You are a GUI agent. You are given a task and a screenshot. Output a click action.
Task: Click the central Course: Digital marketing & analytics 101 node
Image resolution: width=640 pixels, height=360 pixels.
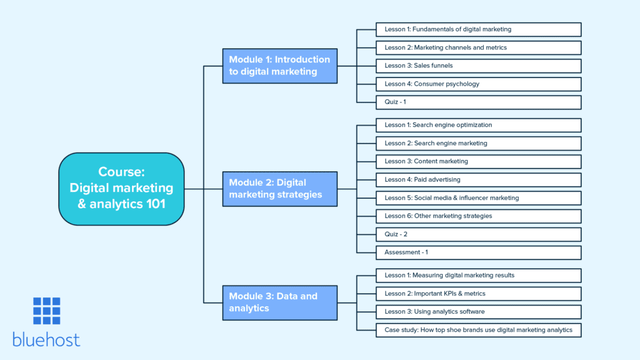[x=121, y=188]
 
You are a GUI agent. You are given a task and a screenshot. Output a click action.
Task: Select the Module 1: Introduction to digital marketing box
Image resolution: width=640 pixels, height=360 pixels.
[x=280, y=66]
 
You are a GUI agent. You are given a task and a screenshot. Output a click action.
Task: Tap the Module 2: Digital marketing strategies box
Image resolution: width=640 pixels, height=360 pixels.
[x=280, y=188]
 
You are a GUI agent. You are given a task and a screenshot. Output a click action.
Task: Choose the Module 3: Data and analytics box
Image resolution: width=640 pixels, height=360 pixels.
[x=280, y=302]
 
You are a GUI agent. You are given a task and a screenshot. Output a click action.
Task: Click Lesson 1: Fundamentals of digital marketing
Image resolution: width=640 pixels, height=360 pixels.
[x=478, y=29]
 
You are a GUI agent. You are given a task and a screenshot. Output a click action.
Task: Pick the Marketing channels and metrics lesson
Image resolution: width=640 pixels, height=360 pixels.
[x=478, y=47]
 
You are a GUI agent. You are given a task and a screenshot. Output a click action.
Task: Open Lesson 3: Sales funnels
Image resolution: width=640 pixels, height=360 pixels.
[x=478, y=66]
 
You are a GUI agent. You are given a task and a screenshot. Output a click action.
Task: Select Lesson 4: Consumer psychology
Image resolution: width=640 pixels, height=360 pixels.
[x=478, y=84]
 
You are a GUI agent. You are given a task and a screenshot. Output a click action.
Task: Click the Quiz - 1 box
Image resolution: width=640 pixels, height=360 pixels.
[x=478, y=102]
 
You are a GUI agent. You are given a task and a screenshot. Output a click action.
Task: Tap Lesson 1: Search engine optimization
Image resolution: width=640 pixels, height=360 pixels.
[x=478, y=125]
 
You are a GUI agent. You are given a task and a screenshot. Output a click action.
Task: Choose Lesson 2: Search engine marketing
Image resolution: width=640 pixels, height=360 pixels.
[x=478, y=143]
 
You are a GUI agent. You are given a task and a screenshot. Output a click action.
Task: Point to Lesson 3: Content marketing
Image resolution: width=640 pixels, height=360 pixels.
[x=478, y=161]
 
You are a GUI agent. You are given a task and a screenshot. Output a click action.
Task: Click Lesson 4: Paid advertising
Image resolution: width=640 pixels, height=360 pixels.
[x=478, y=179]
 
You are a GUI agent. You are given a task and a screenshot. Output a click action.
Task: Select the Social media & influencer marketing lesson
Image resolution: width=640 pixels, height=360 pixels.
[x=478, y=197]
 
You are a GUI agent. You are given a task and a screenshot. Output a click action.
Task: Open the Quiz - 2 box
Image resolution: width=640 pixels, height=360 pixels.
[x=478, y=234]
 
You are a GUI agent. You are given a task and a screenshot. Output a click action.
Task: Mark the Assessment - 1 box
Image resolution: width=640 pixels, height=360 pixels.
[x=478, y=252]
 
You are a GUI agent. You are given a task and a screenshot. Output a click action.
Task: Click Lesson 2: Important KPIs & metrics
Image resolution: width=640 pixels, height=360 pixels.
[x=478, y=293]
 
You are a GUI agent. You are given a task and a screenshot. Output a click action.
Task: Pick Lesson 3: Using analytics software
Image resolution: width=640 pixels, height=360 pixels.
[x=478, y=311]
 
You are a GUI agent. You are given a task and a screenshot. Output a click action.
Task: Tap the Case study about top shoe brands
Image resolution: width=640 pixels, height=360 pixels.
[x=478, y=329]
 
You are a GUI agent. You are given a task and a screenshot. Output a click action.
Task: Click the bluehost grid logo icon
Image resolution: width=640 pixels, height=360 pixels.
[x=47, y=311]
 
